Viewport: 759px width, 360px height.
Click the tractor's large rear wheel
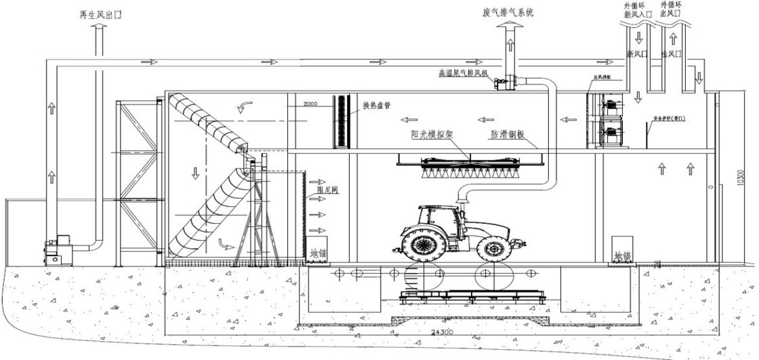coord(424,243)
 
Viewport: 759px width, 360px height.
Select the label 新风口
coord(638,53)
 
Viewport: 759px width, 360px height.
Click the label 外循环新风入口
coord(636,10)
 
